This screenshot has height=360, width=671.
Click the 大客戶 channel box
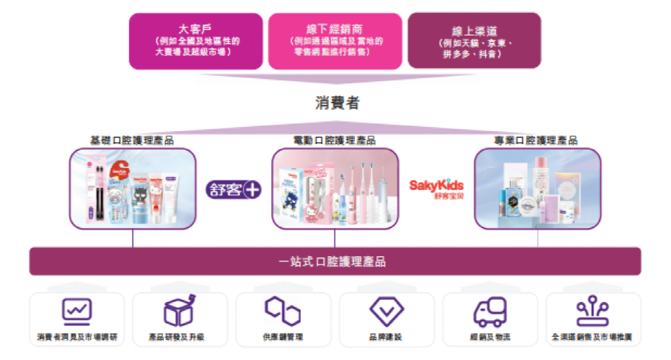click(x=196, y=40)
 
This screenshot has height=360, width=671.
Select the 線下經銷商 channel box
click(x=334, y=40)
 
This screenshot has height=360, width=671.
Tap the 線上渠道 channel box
click(x=474, y=40)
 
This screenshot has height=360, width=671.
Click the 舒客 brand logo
click(x=234, y=189)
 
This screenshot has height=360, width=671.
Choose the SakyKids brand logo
click(x=436, y=188)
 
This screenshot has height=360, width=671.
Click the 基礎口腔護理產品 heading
click(x=132, y=140)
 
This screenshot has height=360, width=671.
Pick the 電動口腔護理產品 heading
click(x=334, y=140)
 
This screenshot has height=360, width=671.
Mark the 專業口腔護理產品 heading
click(x=537, y=140)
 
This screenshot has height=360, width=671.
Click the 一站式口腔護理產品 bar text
click(x=334, y=261)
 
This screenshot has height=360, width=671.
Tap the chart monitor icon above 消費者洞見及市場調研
click(x=76, y=311)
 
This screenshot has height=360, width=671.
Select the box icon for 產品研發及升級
click(x=180, y=311)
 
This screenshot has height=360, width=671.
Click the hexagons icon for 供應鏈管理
click(x=283, y=311)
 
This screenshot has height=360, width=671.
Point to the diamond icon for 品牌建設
click(x=386, y=311)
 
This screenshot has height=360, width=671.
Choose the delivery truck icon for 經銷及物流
click(x=490, y=311)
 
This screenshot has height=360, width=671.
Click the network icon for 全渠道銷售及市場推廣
click(x=593, y=311)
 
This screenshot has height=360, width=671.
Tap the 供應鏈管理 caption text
click(x=283, y=337)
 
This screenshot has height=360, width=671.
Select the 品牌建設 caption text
click(x=386, y=337)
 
